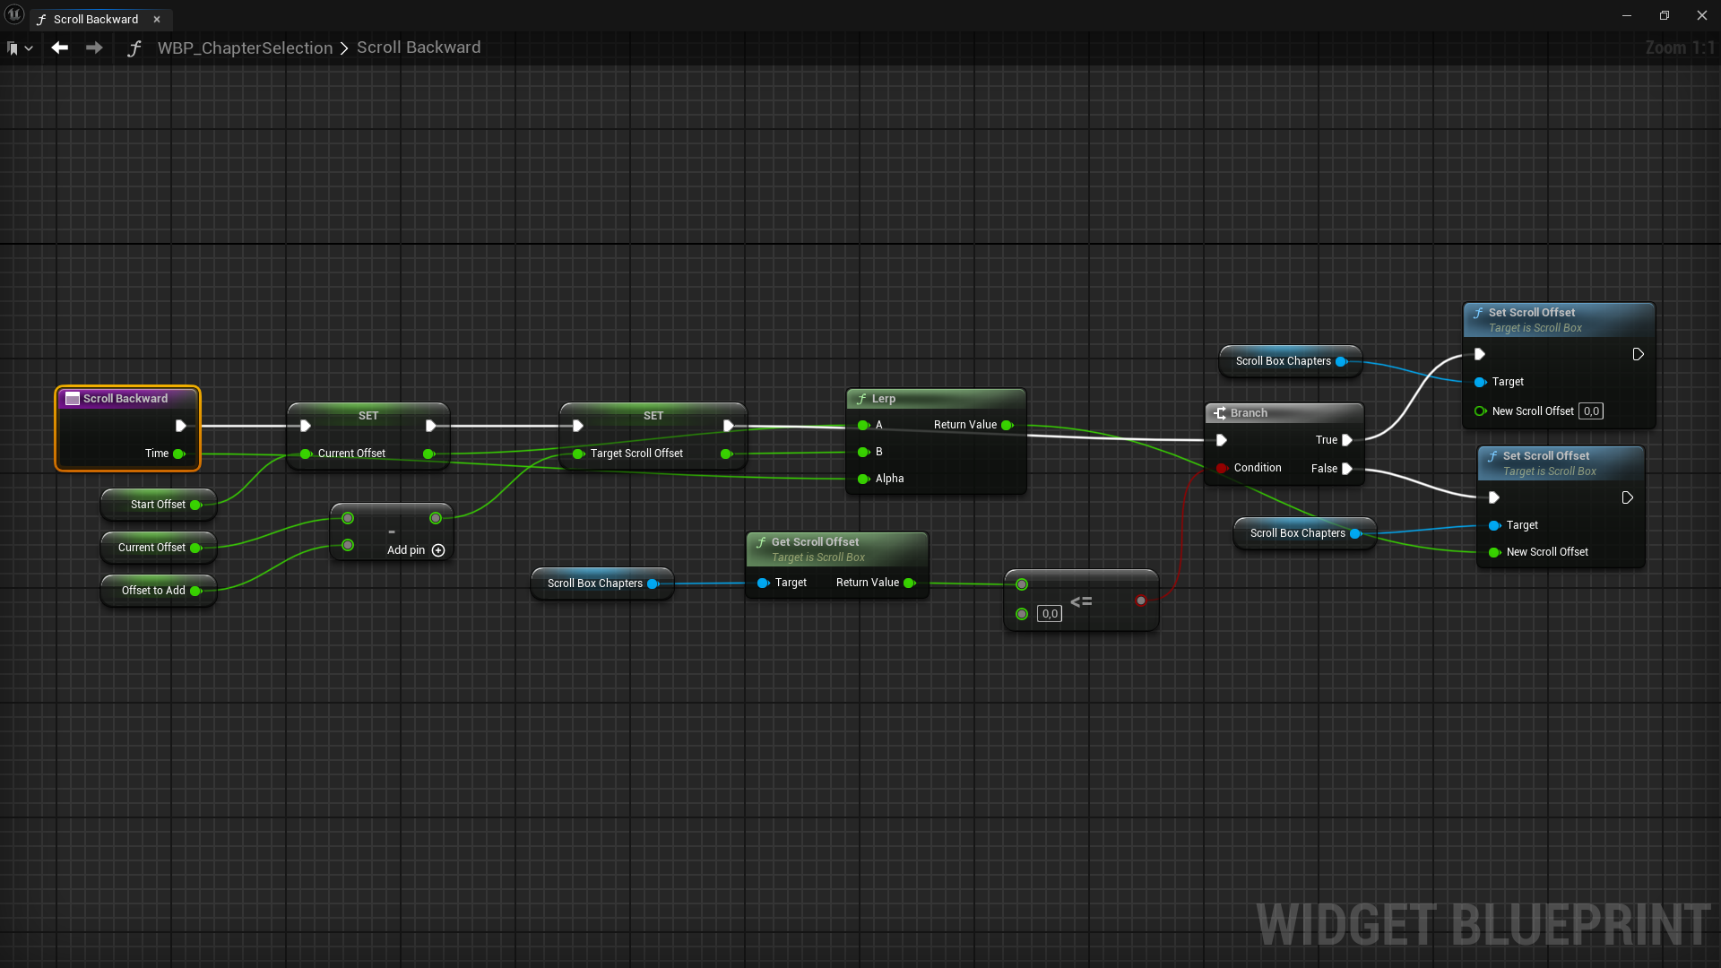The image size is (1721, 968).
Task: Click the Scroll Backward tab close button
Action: pos(157,19)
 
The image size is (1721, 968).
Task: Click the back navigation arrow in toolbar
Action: pos(60,48)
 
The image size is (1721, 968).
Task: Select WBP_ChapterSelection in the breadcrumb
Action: pos(245,48)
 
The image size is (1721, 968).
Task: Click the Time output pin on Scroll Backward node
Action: pos(178,454)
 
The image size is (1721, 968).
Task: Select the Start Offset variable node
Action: pos(158,505)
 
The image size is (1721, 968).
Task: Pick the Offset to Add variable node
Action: pos(153,591)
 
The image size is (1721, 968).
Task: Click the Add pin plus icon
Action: pos(438,550)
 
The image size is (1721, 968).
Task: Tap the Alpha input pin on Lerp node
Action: pos(863,479)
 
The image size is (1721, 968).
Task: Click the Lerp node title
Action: pos(884,399)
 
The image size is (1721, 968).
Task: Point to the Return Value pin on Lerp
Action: pos(1007,425)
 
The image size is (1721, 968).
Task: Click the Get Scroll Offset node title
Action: pos(815,542)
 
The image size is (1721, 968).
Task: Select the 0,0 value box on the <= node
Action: pos(1050,614)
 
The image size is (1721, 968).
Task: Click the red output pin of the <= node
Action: pos(1140,601)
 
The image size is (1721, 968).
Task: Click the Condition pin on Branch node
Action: pos(1222,468)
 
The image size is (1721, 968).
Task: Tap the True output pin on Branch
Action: pos(1346,440)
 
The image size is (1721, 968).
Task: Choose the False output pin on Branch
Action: pos(1346,469)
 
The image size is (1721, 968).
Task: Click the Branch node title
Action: pos(1249,413)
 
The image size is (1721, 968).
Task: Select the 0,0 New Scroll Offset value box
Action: pos(1591,411)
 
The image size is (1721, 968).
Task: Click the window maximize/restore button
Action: pos(1665,15)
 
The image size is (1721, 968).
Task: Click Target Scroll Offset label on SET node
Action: pos(636,454)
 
